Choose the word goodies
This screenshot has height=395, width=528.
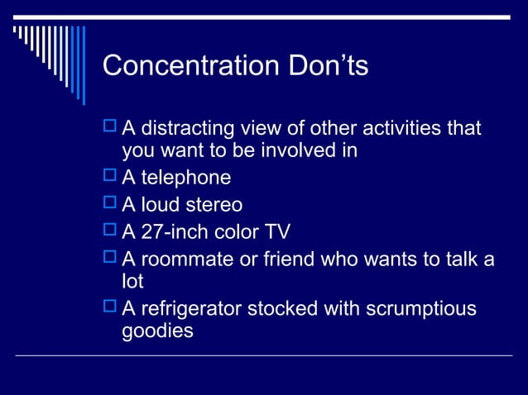pyautogui.click(x=157, y=331)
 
